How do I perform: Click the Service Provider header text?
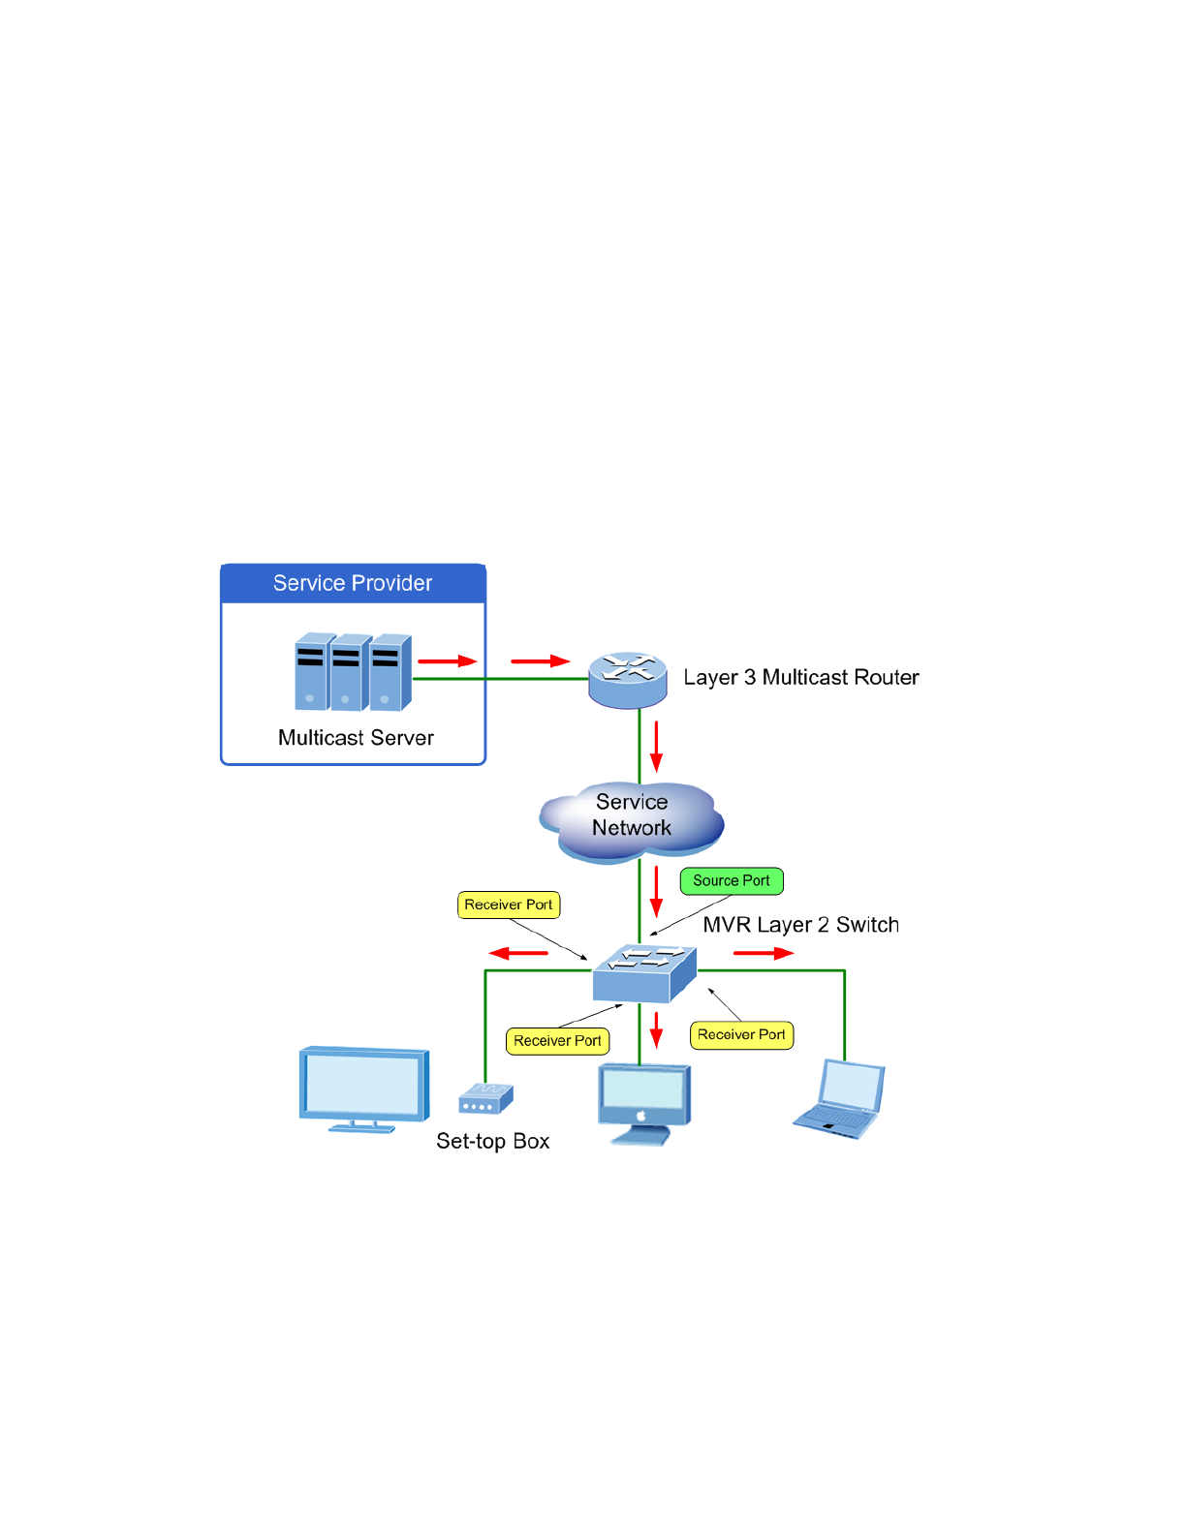pyautogui.click(x=353, y=583)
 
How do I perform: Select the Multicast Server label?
pyautogui.click(x=356, y=738)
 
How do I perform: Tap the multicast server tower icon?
pyautogui.click(x=354, y=671)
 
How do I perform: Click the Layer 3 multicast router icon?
pyautogui.click(x=628, y=680)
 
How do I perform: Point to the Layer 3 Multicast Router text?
pyautogui.click(x=801, y=678)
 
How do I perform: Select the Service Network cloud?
pyautogui.click(x=632, y=821)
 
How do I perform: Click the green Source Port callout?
pyautogui.click(x=732, y=881)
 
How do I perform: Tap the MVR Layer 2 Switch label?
pyautogui.click(x=801, y=925)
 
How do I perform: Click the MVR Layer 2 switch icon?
pyautogui.click(x=644, y=973)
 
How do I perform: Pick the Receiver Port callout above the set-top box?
pyautogui.click(x=509, y=905)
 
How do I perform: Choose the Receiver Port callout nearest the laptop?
pyautogui.click(x=741, y=1035)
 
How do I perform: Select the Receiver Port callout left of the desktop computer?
pyautogui.click(x=557, y=1041)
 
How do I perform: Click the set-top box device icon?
pyautogui.click(x=486, y=1098)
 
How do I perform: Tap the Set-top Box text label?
pyautogui.click(x=493, y=1142)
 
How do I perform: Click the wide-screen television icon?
pyautogui.click(x=364, y=1089)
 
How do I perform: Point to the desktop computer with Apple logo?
pyautogui.click(x=644, y=1104)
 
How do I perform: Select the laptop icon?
pyautogui.click(x=839, y=1098)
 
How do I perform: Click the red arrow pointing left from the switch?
pyautogui.click(x=518, y=954)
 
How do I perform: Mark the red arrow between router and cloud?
pyautogui.click(x=656, y=746)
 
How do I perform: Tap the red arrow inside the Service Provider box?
pyautogui.click(x=448, y=661)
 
